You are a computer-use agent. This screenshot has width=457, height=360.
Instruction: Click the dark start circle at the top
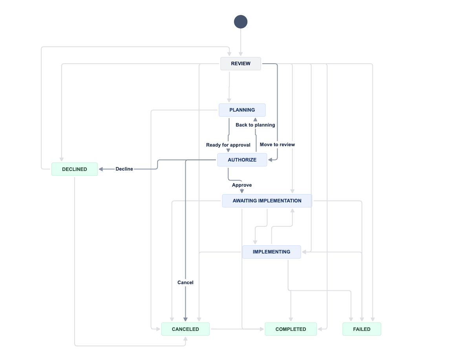(x=241, y=22)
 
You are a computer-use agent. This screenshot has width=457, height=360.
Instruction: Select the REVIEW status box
(x=241, y=64)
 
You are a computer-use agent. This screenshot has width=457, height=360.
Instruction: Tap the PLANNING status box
(x=242, y=110)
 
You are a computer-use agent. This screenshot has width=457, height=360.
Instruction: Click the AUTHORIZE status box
(x=242, y=160)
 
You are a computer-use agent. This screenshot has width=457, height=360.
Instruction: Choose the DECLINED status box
(x=75, y=169)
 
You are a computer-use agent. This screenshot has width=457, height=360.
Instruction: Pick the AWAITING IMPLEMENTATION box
(x=267, y=201)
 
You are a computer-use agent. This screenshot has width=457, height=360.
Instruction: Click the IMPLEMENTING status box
(x=271, y=252)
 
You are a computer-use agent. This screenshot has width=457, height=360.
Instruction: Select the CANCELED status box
(x=185, y=329)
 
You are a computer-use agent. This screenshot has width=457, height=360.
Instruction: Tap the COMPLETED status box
(x=291, y=329)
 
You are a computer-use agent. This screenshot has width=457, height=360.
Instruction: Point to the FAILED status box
(x=362, y=329)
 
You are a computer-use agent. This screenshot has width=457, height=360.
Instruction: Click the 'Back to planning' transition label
(x=255, y=125)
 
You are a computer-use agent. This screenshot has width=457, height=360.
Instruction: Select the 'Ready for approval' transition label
(x=228, y=145)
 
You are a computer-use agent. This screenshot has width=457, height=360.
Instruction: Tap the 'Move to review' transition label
(x=277, y=145)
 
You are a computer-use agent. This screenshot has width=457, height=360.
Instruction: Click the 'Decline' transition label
(x=124, y=169)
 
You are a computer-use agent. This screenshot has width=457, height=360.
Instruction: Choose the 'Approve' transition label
(x=242, y=185)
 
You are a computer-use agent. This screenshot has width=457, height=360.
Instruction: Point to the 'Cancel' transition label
(x=185, y=283)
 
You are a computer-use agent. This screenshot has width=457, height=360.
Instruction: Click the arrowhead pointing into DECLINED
(x=101, y=169)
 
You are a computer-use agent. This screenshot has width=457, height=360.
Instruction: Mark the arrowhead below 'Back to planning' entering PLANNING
(x=255, y=119)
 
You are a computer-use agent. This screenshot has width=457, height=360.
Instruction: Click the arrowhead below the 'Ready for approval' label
(x=228, y=151)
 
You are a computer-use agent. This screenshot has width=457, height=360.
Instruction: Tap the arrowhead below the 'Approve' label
(x=242, y=191)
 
